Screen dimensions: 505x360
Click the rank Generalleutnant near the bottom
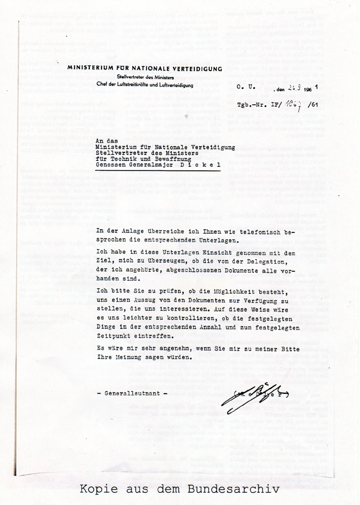(132, 394)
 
